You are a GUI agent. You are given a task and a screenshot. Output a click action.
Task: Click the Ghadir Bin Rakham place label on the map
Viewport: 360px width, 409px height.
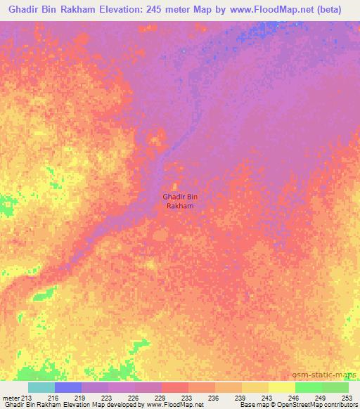coord(180,202)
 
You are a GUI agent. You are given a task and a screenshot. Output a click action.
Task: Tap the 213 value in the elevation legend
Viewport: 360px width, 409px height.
coord(27,397)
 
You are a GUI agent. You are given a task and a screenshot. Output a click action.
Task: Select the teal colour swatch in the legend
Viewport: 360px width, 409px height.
coord(41,387)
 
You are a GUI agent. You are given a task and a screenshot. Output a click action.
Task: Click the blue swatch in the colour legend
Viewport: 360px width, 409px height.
coord(68,387)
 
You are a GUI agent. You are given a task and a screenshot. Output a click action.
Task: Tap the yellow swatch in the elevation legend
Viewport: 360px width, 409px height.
coord(282,387)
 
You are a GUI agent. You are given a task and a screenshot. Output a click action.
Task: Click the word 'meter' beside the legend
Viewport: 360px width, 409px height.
coord(11,397)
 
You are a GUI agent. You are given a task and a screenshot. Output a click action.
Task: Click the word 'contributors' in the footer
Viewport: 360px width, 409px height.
coord(341,405)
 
